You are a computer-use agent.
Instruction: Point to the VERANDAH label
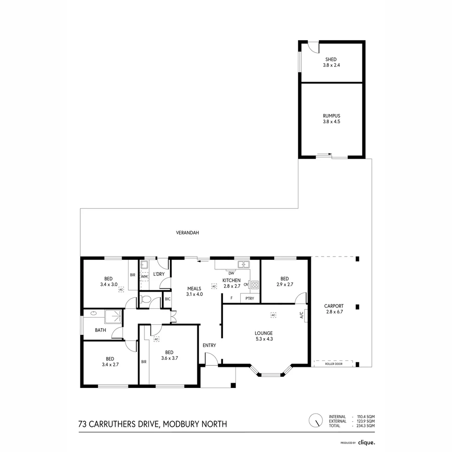point(187,232)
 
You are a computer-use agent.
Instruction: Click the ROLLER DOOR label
point(334,364)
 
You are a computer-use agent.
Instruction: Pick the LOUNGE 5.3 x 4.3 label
point(264,336)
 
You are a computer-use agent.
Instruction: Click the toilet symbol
point(146,299)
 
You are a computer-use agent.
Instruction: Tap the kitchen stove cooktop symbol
point(254,285)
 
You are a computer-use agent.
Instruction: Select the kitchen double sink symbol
point(244,264)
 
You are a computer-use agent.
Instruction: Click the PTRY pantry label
point(250,298)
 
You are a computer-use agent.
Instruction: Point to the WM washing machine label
point(144,277)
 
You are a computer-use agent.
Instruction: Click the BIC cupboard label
point(167,299)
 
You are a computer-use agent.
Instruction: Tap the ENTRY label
point(209,345)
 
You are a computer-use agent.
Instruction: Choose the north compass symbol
point(316,420)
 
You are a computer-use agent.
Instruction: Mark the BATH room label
point(100,330)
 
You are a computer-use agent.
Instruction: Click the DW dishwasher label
point(231,273)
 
